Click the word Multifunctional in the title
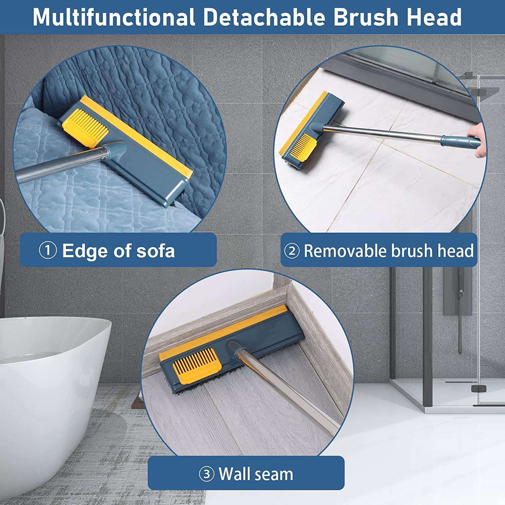click(114, 17)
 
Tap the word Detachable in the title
click(264, 17)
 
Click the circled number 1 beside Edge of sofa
click(47, 250)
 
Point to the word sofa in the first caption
click(155, 250)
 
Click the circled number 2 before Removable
click(292, 251)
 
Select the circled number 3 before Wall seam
click(206, 474)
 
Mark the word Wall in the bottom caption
click(235, 474)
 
